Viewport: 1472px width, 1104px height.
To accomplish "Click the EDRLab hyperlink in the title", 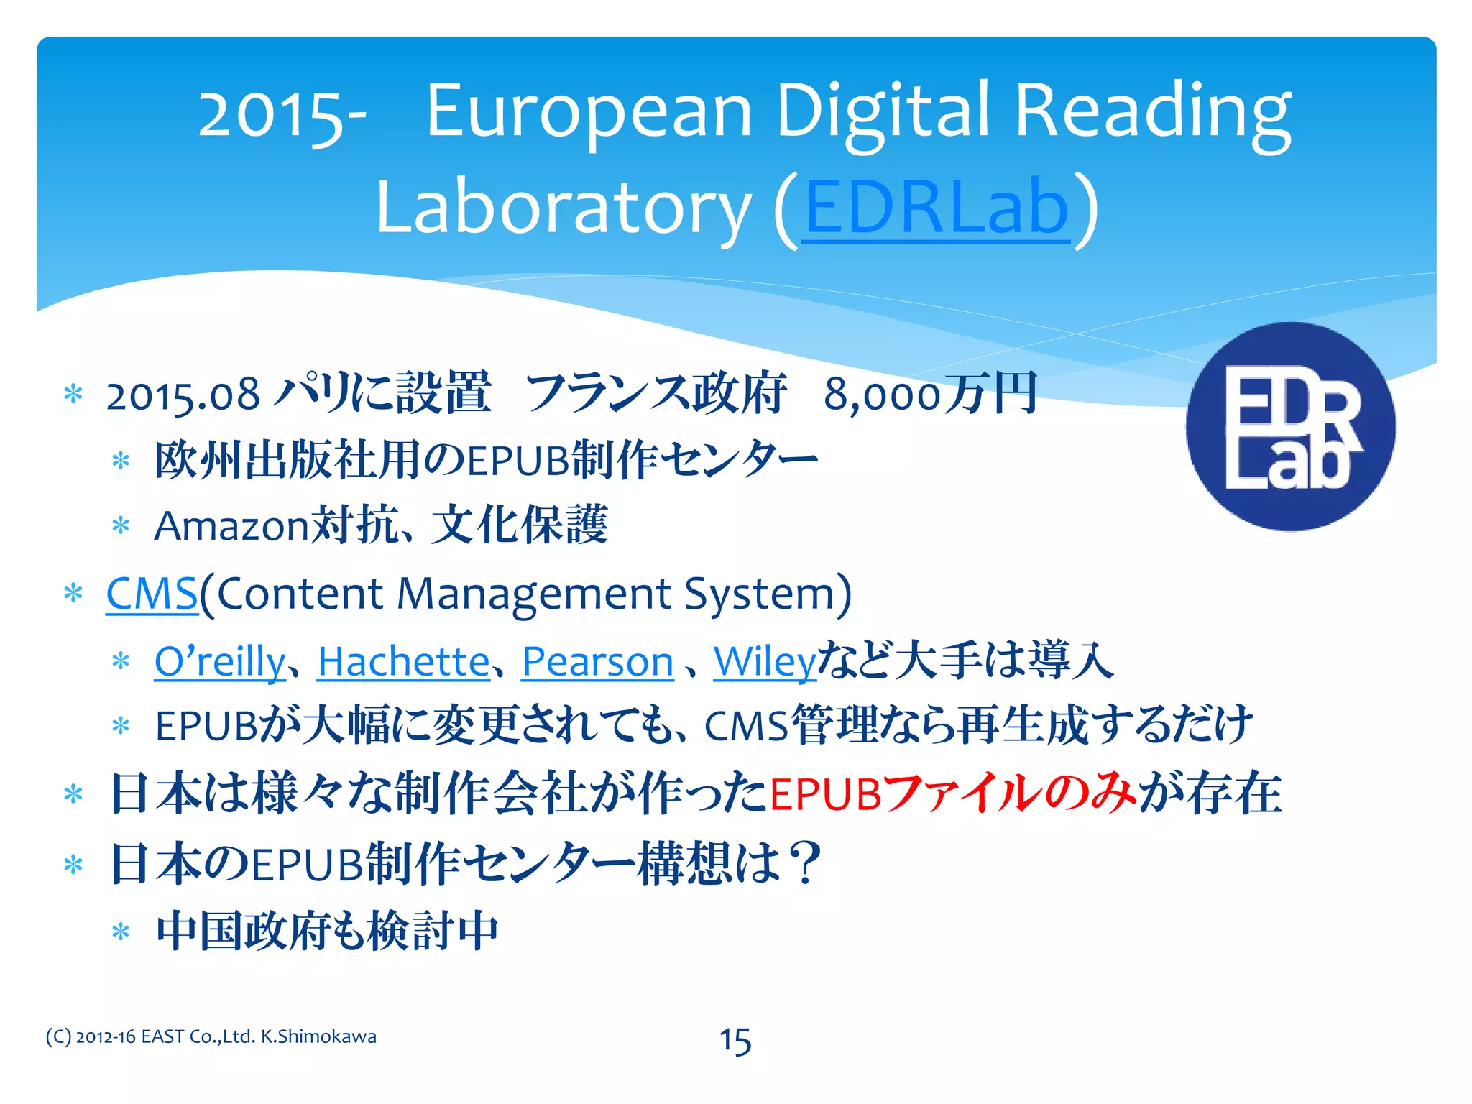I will [x=936, y=208].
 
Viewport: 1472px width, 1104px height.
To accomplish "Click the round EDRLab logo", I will [x=1290, y=427].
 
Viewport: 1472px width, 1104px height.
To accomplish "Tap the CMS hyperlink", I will [x=152, y=594].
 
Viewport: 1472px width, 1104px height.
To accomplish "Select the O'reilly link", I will [x=220, y=661].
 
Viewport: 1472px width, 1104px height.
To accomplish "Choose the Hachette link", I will [x=404, y=661].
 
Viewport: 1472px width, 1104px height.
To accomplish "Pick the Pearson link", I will [x=597, y=661].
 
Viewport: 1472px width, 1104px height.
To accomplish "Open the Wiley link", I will [x=765, y=661].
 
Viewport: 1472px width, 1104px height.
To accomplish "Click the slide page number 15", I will [x=735, y=1041].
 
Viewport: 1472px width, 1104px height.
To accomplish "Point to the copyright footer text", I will [x=211, y=1036].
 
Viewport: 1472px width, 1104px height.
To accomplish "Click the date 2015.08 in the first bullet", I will [x=183, y=395].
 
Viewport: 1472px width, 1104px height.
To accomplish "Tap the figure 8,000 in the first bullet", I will [x=882, y=395].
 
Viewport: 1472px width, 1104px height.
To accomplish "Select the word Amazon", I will [x=231, y=525].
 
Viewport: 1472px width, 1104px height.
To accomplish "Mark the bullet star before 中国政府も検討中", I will [x=121, y=932].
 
